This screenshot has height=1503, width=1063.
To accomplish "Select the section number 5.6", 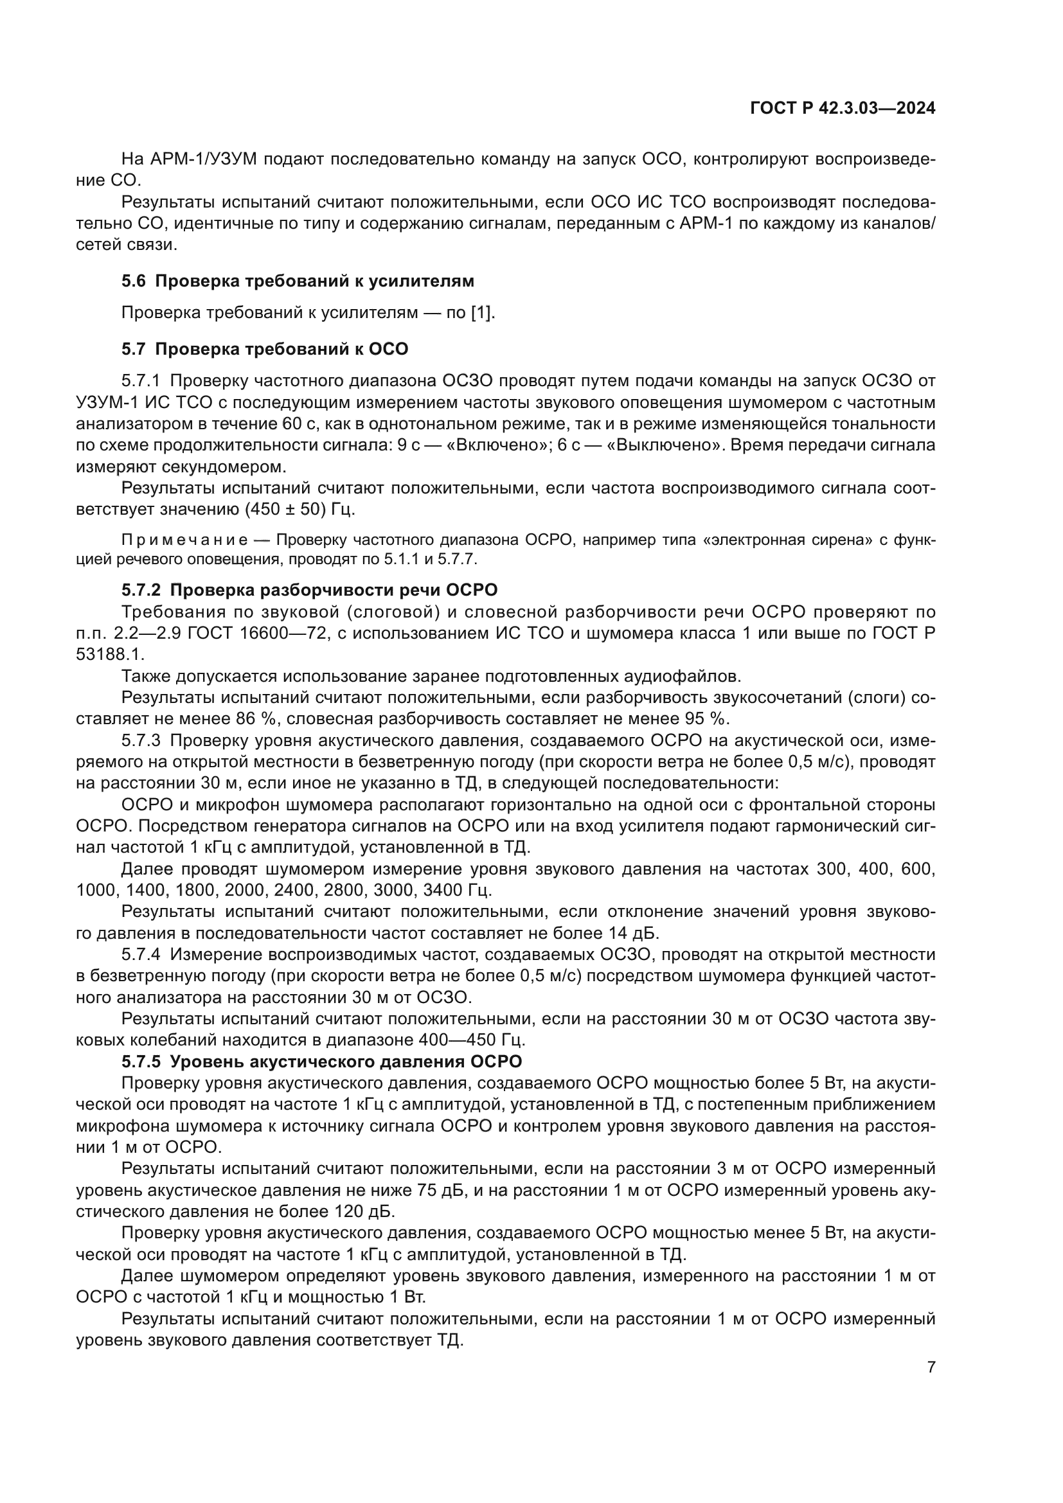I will [x=134, y=281].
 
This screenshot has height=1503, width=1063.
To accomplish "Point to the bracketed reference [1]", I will [x=483, y=313].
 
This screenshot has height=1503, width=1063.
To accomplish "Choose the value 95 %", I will [x=706, y=719].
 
